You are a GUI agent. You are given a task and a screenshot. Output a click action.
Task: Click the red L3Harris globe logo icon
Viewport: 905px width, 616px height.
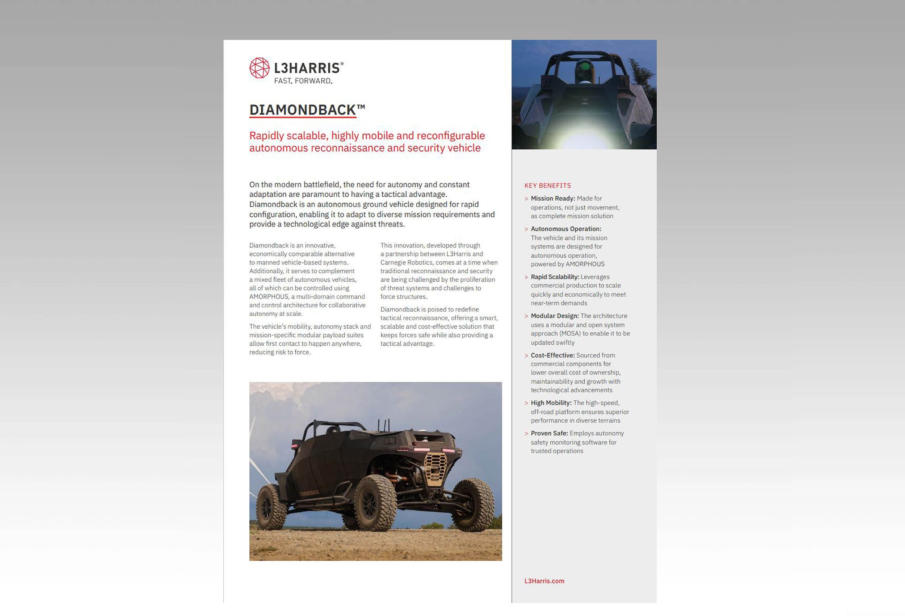pyautogui.click(x=259, y=68)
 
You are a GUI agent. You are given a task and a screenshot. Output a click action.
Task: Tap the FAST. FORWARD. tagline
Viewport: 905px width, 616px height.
pyautogui.click(x=303, y=81)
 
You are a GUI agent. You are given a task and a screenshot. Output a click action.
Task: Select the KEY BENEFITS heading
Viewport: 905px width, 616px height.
pyautogui.click(x=547, y=186)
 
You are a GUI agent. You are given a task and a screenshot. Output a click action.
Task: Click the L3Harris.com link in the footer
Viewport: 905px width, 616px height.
pyautogui.click(x=544, y=581)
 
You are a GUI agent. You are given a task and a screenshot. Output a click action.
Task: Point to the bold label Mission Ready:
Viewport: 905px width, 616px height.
pyautogui.click(x=552, y=199)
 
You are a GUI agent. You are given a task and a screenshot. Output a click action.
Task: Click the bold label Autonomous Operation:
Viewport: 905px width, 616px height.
pyautogui.click(x=566, y=229)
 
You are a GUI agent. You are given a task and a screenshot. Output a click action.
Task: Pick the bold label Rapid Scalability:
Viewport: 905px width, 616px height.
pyautogui.click(x=555, y=277)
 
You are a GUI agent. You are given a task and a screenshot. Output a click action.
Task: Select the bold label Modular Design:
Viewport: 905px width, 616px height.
pyautogui.click(x=555, y=316)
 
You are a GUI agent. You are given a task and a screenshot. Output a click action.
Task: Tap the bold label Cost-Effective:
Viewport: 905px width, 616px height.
pyautogui.click(x=552, y=355)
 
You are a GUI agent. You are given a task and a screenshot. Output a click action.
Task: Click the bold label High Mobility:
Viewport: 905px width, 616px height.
pyautogui.click(x=551, y=403)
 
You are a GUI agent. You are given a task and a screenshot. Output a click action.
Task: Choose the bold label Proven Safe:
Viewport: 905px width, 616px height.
pyautogui.click(x=549, y=433)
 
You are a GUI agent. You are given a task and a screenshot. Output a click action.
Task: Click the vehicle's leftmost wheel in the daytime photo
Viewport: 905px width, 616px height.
pyautogui.click(x=271, y=507)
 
